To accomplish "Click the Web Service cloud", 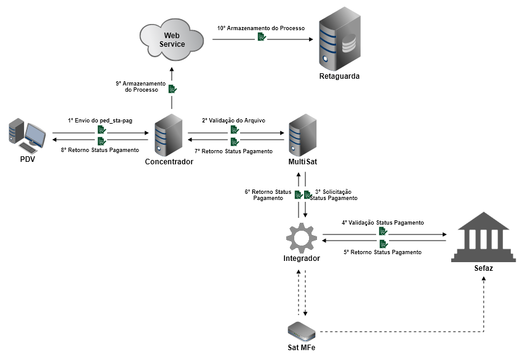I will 172,39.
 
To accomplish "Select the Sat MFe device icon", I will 302,330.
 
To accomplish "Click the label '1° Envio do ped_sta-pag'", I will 100,121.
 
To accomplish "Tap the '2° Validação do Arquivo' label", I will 233,121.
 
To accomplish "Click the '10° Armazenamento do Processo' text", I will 260,28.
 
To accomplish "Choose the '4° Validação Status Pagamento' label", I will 382,222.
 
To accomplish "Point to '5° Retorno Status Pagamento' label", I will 382,252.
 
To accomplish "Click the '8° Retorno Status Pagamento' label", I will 100,150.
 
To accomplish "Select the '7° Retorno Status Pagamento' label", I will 233,151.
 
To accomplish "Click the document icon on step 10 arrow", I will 262,38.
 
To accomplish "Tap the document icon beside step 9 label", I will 173,89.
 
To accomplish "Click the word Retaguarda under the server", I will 339,76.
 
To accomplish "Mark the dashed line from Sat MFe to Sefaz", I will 400,332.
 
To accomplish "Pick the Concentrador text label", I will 169,162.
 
